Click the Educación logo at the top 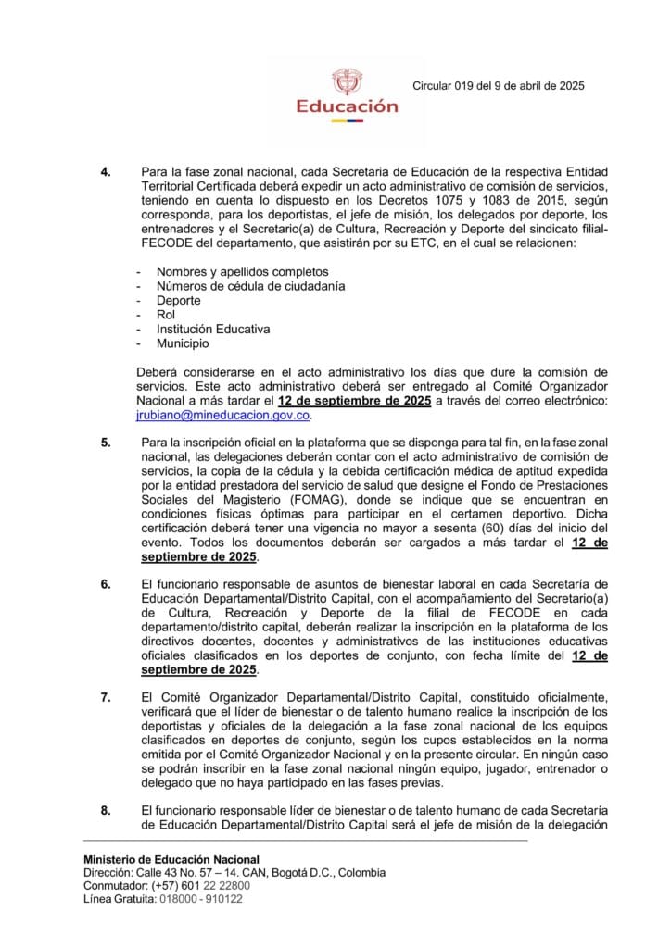pos(346,93)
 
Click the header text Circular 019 pos(498,86)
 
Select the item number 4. pos(106,172)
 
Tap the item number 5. pos(106,443)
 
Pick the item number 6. pos(106,584)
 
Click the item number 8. pos(106,810)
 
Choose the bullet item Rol pos(166,315)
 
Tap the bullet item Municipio pos(183,343)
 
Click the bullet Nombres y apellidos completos pos(242,272)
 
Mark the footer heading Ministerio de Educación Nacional pos(171,860)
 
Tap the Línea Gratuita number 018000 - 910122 pos(200,899)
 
